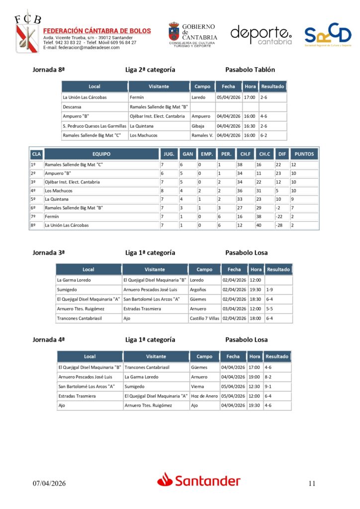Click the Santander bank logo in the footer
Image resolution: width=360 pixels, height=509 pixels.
pyautogui.click(x=199, y=480)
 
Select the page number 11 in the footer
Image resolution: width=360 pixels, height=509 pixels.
pyautogui.click(x=312, y=483)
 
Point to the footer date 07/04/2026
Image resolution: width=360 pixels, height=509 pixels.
pyautogui.click(x=49, y=483)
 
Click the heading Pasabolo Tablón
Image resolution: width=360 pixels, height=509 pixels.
pyautogui.click(x=250, y=70)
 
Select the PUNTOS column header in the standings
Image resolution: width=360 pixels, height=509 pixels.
pyautogui.click(x=304, y=154)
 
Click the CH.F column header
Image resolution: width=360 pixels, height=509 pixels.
pyautogui.click(x=245, y=154)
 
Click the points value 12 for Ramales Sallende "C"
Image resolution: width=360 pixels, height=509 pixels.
pyautogui.click(x=294, y=165)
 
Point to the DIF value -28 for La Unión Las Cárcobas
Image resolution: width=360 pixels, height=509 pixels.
pyautogui.click(x=280, y=225)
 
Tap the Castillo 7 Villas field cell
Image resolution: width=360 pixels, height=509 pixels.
pyautogui.click(x=204, y=318)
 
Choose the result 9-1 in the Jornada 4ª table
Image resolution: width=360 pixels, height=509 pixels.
pyautogui.click(x=269, y=386)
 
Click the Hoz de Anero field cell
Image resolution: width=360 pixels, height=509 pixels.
pyautogui.click(x=204, y=396)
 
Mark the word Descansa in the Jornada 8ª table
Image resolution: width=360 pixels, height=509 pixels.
pyautogui.click(x=72, y=107)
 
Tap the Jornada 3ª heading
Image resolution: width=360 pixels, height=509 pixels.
pyautogui.click(x=49, y=253)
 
